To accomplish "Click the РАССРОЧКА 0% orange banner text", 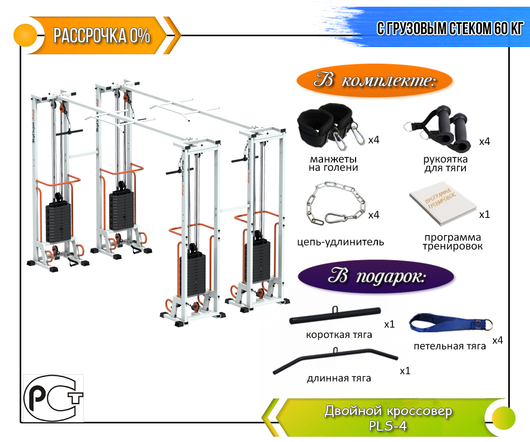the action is (x=102, y=36).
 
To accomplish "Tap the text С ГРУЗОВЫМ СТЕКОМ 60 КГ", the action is (x=450, y=28).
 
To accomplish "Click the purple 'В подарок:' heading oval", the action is (x=376, y=277).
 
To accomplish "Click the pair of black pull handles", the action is (x=438, y=128).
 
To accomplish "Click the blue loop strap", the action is (x=450, y=323).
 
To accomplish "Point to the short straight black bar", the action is (x=335, y=316).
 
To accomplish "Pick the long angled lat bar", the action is (x=335, y=360).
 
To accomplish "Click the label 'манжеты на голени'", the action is (x=333, y=163).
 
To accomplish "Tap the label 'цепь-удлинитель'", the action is (x=341, y=242).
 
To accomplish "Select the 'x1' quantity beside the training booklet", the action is (x=484, y=214).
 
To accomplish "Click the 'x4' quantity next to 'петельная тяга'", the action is (x=497, y=340).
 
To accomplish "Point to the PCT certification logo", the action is (x=53, y=398).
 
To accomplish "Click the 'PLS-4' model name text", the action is (x=387, y=426).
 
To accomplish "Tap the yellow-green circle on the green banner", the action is (x=504, y=418).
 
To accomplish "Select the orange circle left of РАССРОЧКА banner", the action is (x=25, y=35).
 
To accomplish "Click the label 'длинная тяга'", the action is (x=338, y=378).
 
